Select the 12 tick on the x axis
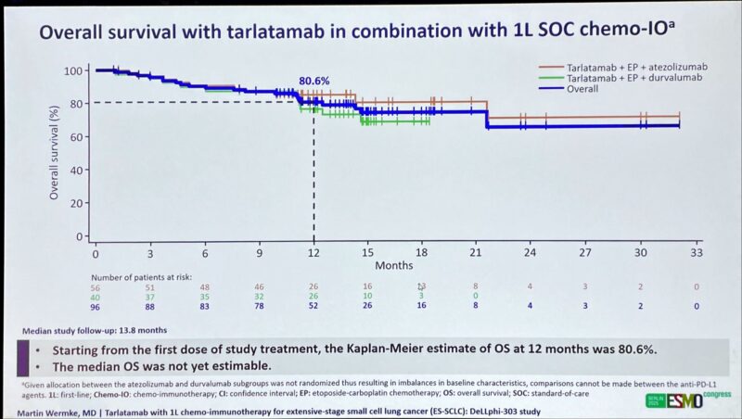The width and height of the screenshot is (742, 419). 313,251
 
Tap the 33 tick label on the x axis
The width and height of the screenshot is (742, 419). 695,251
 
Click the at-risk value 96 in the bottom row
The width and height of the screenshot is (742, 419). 95,306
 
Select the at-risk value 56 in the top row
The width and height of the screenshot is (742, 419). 95,286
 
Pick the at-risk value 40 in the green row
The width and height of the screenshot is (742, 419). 95,297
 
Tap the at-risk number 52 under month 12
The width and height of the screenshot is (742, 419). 313,306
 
